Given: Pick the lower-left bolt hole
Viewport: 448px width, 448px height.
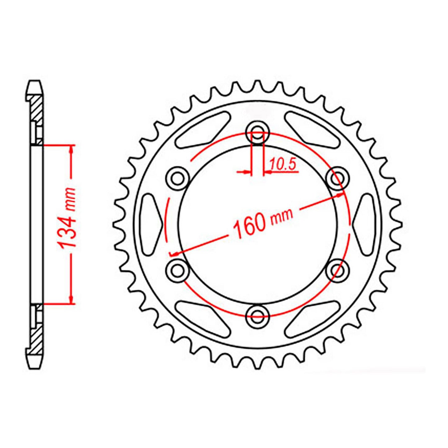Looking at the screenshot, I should tap(178, 270).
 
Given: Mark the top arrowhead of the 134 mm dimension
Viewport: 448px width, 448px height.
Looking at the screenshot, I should tap(72, 149).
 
